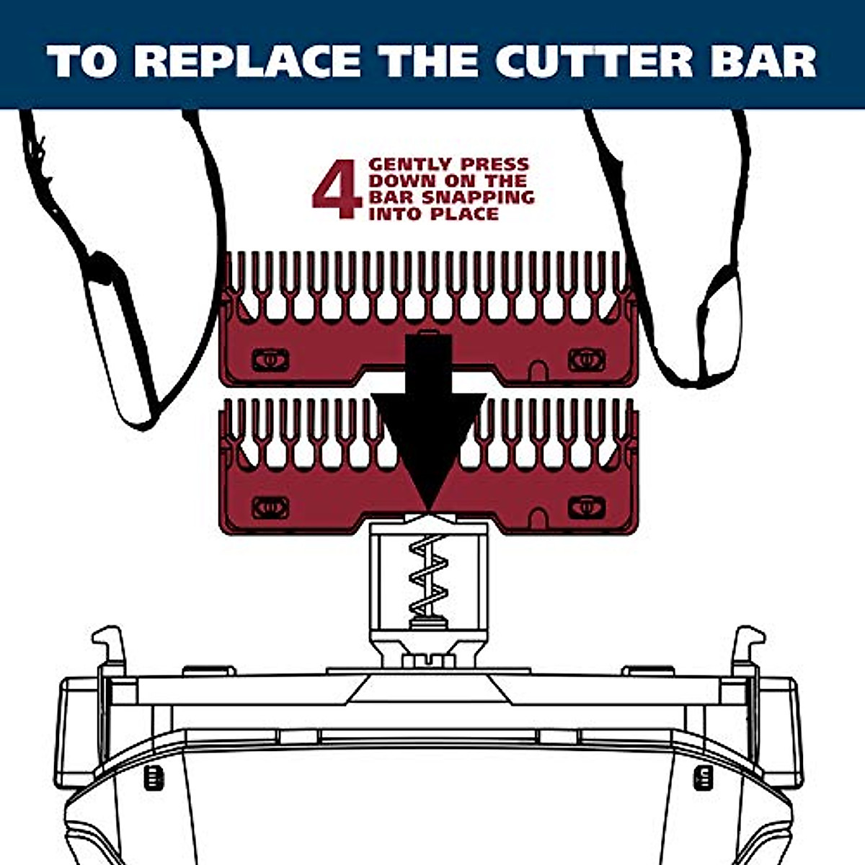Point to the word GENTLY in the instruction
[408, 165]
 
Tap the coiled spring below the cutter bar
[428, 577]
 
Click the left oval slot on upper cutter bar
[270, 359]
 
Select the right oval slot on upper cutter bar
[587, 359]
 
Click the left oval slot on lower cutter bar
[270, 507]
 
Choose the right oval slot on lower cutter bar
[587, 507]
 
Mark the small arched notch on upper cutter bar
[536, 371]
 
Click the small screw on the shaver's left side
[153, 777]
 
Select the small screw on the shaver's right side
[704, 777]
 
